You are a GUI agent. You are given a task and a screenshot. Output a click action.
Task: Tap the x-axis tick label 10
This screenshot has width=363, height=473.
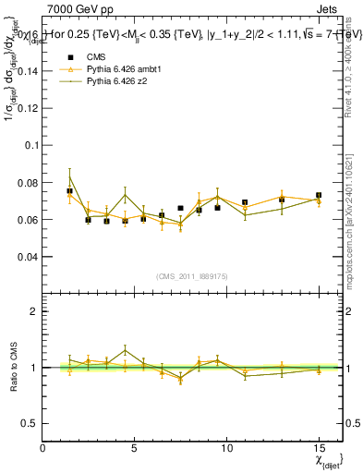(226, 448)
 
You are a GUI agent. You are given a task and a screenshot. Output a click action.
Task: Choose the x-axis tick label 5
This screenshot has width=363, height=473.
(135, 448)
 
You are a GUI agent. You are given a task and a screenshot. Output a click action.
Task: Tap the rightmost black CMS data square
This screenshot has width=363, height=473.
(319, 196)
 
